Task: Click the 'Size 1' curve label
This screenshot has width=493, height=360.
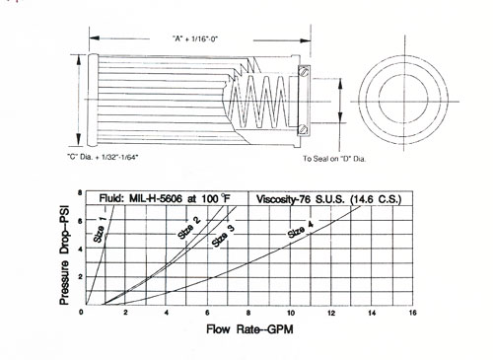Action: point(100,230)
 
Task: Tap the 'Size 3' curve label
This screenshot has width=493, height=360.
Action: point(223,237)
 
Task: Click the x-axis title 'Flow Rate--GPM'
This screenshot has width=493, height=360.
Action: point(249,329)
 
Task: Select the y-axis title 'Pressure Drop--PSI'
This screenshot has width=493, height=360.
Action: point(64,255)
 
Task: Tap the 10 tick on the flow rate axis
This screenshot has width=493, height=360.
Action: point(291,313)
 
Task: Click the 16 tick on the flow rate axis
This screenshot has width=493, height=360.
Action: point(412,313)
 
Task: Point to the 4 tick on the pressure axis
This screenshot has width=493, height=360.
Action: point(80,249)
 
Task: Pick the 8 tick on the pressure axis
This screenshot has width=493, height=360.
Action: point(80,192)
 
